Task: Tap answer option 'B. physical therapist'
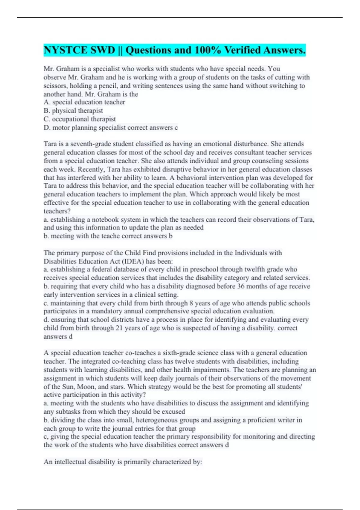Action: pos(73,111)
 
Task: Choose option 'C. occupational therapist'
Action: pos(79,119)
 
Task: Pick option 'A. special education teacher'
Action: pos(84,102)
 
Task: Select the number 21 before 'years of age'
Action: pos(119,328)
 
